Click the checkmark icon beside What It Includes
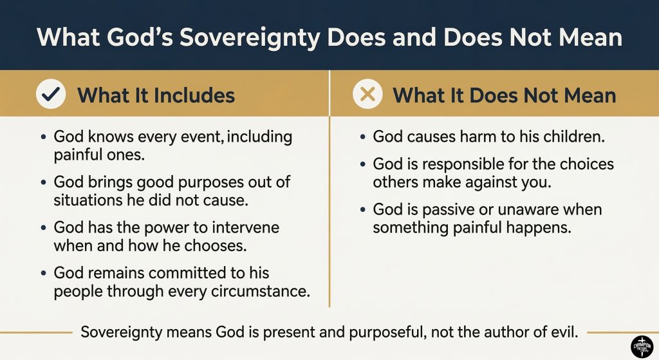pos(51,95)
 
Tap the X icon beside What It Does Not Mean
pos(368,95)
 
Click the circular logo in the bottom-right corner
pos(642,346)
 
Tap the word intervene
pos(246,229)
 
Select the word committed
pos(189,274)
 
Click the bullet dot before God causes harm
pos(364,138)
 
